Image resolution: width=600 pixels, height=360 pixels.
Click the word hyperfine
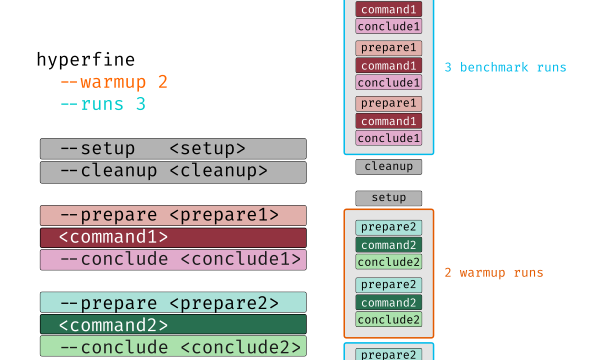click(86, 60)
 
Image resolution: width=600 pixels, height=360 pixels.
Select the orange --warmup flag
click(103, 82)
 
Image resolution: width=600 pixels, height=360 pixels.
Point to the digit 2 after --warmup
click(163, 82)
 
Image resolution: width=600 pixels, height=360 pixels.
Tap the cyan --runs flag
click(92, 104)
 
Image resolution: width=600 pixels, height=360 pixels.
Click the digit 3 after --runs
click(141, 104)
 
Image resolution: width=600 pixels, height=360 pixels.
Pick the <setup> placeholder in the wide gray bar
click(207, 148)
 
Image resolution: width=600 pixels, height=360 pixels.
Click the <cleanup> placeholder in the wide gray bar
click(218, 171)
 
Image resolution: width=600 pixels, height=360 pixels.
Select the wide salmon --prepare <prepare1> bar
click(173, 215)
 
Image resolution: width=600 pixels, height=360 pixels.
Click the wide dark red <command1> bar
click(173, 238)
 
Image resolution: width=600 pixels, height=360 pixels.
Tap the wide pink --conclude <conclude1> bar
click(173, 260)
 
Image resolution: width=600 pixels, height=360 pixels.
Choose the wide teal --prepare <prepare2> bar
click(173, 303)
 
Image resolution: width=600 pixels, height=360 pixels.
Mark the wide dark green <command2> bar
click(173, 324)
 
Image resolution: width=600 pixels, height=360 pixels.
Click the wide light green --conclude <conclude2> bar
click(173, 347)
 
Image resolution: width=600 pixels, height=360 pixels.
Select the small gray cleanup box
click(388, 167)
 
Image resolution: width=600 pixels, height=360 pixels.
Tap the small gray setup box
click(388, 198)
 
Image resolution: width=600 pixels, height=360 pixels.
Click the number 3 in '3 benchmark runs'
click(448, 67)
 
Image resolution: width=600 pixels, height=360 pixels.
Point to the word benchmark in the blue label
click(494, 67)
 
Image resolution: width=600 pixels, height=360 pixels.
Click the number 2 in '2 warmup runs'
click(448, 273)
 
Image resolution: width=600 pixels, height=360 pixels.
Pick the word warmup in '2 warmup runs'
click(482, 273)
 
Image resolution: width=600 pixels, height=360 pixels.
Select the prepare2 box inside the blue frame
click(388, 354)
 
